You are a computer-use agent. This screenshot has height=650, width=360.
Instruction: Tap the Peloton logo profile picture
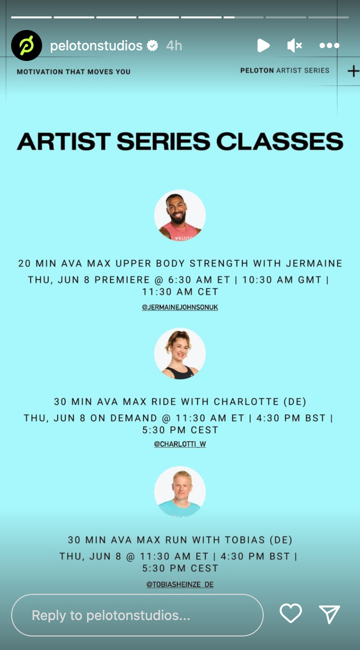pos(27,45)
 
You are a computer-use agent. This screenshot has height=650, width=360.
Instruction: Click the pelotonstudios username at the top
pos(96,45)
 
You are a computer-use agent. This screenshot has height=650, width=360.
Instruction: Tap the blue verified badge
pos(152,45)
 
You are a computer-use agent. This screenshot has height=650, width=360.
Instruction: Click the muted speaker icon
pos(294,45)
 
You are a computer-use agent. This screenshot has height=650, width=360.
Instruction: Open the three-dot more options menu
pos(329,45)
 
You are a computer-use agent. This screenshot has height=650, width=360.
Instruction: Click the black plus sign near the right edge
pos(353,71)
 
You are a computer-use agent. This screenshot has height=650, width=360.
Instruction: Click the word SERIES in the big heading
pos(163,142)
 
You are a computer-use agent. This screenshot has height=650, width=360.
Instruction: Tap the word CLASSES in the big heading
pos(280,142)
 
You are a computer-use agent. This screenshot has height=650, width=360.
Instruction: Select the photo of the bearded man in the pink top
pos(180,215)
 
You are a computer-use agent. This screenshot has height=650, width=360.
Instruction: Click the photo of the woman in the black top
pos(180,354)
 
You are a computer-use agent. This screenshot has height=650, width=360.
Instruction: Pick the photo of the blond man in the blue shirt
pos(180,492)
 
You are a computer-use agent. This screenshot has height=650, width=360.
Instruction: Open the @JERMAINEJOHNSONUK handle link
pos(180,307)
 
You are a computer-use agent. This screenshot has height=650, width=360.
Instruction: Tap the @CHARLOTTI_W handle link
pos(180,444)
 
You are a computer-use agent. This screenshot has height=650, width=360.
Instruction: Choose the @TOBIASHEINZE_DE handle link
pos(180,584)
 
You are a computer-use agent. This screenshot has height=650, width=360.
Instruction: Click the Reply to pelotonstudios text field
pos(137,615)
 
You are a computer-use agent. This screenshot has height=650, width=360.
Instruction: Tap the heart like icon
pos(291,613)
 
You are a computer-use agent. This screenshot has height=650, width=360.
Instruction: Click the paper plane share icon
pos(330,614)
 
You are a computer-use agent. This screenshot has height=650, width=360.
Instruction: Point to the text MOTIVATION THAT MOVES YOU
pos(74,72)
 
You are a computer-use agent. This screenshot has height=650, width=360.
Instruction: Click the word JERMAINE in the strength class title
pos(314,263)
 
